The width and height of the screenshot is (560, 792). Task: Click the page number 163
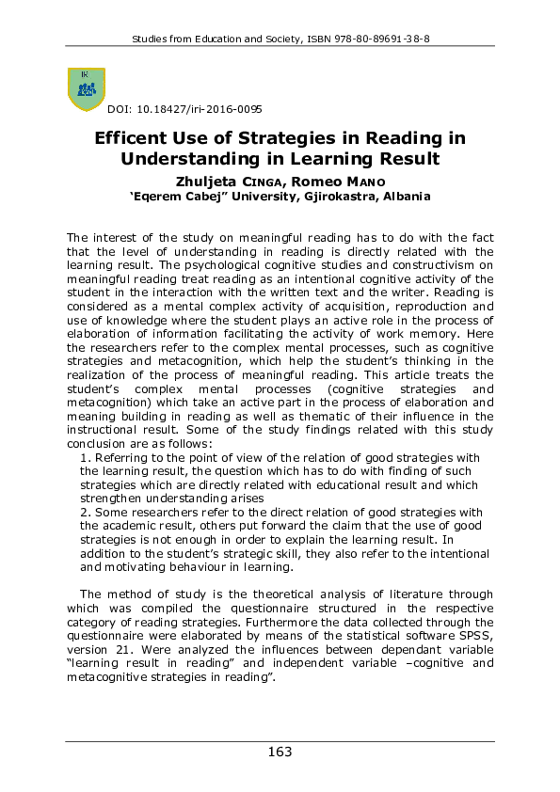pos(280,752)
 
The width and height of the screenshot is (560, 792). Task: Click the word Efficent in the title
pos(134,138)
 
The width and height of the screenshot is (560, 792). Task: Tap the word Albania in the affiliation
pos(406,197)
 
